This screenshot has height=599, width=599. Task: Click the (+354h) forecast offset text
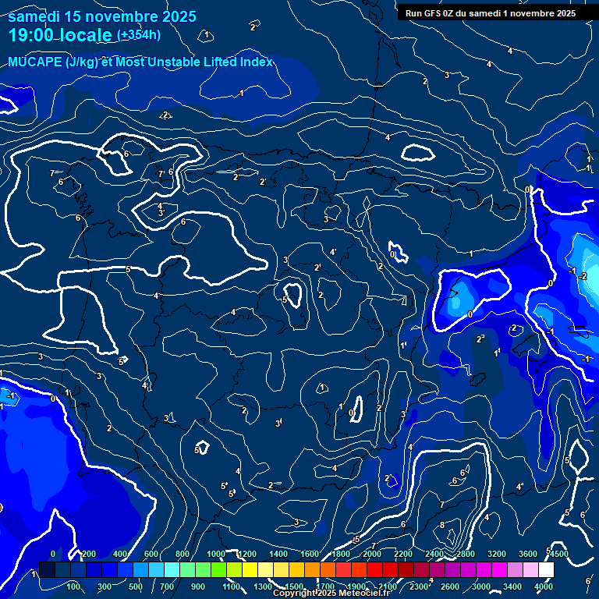139,34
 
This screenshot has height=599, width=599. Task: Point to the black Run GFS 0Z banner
490,13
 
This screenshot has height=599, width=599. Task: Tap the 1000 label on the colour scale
216,554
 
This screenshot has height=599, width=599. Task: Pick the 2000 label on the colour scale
372,554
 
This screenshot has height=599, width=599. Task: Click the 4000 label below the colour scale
544,587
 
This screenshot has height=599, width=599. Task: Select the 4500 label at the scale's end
558,554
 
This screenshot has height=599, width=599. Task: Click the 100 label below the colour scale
74,587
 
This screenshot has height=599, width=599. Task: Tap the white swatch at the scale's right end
546,570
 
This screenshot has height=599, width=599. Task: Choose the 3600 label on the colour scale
528,554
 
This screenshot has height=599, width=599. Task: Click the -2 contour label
583,276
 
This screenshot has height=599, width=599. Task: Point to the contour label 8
442,525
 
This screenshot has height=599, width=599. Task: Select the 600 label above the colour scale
151,554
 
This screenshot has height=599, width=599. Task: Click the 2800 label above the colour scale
466,554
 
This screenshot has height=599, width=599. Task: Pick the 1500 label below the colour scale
293,587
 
